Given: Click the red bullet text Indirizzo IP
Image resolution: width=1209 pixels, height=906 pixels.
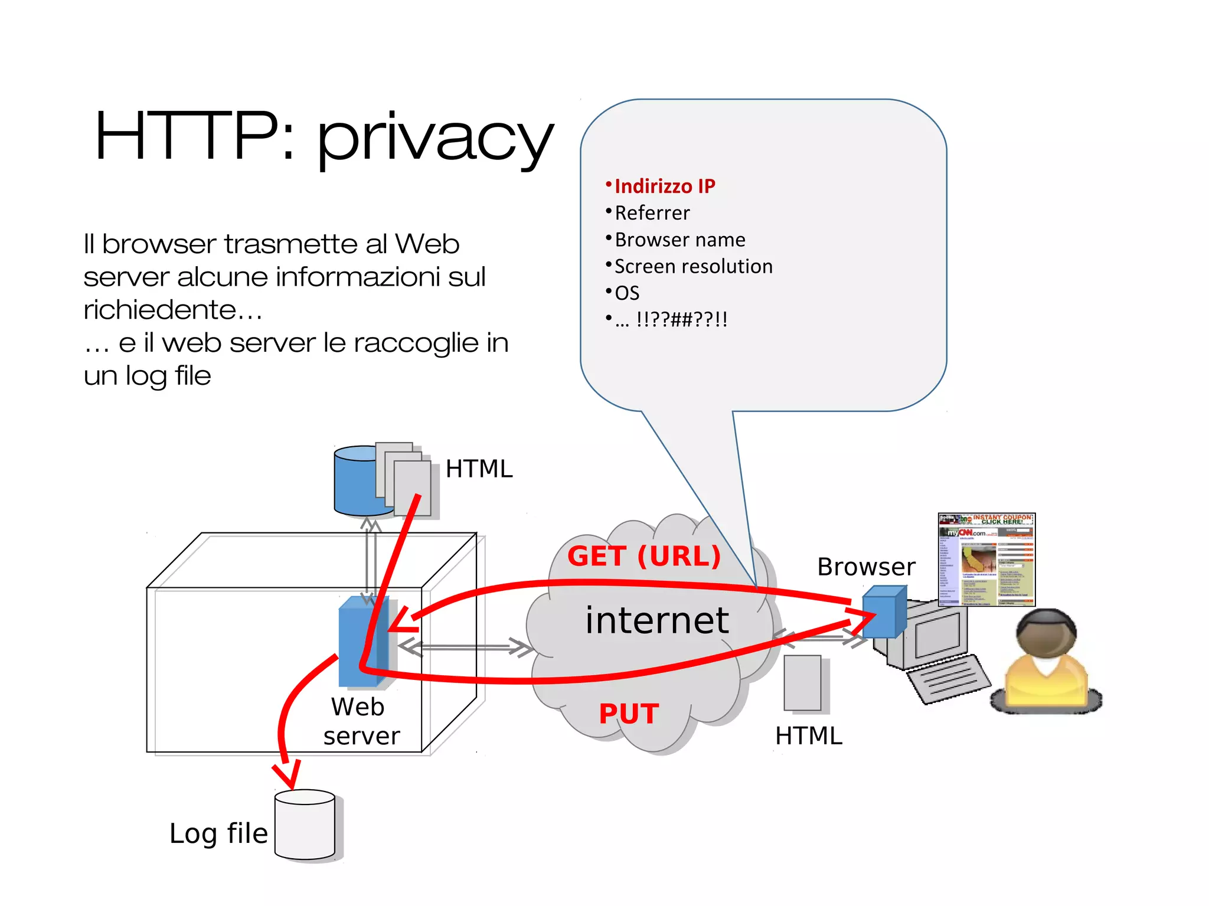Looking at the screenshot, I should click(x=664, y=187).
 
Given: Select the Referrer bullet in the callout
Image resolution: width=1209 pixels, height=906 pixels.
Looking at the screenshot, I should click(x=652, y=213).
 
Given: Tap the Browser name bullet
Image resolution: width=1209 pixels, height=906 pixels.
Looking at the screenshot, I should click(x=679, y=240).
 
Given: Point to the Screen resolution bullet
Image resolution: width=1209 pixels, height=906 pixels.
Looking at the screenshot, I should click(x=693, y=266).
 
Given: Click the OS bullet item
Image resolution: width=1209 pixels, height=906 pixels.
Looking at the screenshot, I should click(x=627, y=293).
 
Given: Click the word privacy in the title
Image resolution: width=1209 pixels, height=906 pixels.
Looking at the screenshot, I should click(x=436, y=139).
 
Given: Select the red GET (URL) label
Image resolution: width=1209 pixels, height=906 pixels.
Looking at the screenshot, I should click(x=644, y=556).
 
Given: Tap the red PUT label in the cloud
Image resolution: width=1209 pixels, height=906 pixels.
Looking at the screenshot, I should click(x=629, y=714).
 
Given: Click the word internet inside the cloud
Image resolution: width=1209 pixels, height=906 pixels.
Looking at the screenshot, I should click(x=657, y=620).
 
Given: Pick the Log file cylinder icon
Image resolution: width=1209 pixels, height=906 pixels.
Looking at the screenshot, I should click(x=305, y=825).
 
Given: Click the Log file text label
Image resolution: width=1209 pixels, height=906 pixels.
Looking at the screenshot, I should click(x=218, y=833).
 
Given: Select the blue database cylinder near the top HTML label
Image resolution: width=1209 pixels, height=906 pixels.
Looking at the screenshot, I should click(x=354, y=481).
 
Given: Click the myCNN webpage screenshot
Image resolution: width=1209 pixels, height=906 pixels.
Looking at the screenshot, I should click(x=986, y=560).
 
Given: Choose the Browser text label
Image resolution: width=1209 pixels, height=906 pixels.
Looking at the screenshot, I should click(x=866, y=567).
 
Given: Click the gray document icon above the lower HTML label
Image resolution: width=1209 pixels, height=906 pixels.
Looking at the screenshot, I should click(x=802, y=683).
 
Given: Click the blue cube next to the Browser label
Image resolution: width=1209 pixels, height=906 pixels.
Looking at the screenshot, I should click(x=884, y=612).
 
